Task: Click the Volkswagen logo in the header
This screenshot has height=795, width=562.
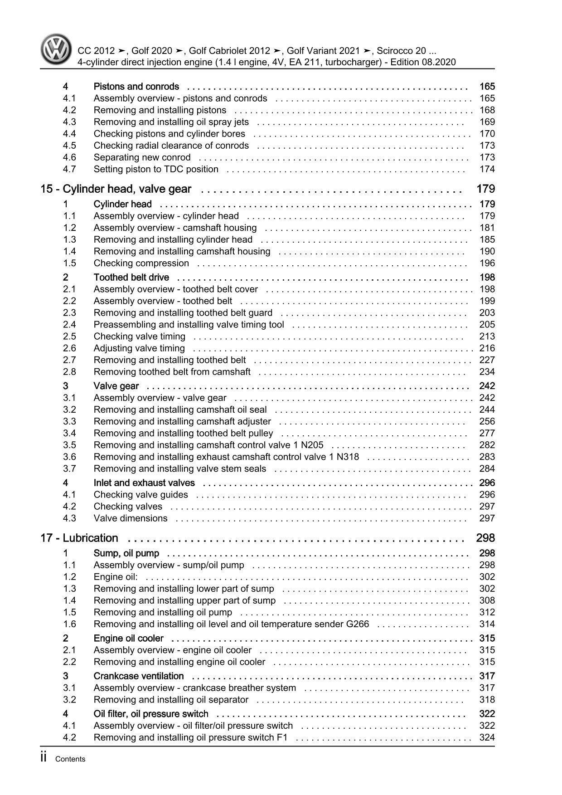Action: coord(56,50)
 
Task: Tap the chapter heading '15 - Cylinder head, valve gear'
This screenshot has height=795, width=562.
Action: coord(116,189)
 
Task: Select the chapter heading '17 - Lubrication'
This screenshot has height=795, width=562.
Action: coord(79,538)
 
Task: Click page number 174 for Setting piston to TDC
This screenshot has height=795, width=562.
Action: coord(487,169)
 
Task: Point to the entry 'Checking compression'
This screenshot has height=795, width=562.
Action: coord(141,263)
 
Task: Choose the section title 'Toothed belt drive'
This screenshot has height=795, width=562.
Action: coord(131,278)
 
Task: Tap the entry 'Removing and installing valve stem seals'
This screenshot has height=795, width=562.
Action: coord(179,469)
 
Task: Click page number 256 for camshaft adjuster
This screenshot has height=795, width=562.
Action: coord(487,422)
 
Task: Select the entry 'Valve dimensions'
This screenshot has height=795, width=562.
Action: coord(130,518)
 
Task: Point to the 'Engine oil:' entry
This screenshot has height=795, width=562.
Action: coord(116,577)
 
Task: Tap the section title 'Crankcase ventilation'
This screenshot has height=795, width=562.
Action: coord(138,676)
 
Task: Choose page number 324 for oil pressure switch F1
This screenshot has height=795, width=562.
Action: coord(487,737)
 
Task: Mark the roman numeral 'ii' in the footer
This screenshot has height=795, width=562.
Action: coord(44,758)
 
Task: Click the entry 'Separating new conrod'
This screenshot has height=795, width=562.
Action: coord(142,157)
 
